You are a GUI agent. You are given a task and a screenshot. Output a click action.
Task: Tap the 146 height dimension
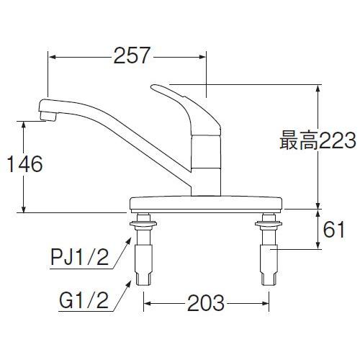tap(22, 164)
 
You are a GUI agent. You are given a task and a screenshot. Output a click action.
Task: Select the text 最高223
tap(317, 142)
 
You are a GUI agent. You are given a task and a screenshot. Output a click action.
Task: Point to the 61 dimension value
tap(333, 231)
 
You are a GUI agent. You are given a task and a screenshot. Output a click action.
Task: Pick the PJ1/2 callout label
tap(83, 256)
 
